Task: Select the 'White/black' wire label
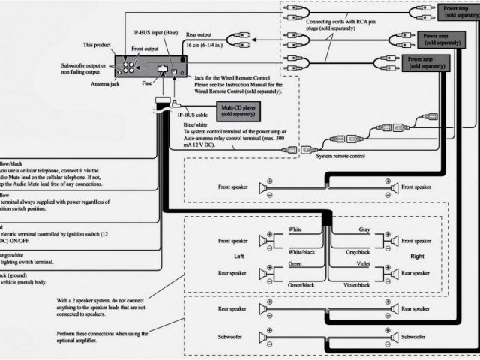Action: (301, 253)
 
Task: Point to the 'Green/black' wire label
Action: (301, 285)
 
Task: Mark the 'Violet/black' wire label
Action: (356, 285)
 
